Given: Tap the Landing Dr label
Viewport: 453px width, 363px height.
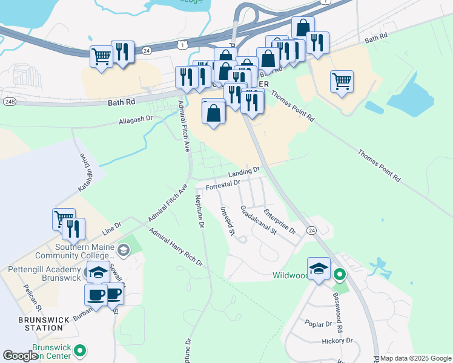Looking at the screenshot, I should coord(243,172).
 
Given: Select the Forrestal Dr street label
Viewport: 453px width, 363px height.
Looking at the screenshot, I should coord(223,184).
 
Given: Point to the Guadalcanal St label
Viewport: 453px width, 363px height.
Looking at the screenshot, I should coord(258,220).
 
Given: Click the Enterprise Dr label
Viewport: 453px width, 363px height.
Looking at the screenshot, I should coord(279,222).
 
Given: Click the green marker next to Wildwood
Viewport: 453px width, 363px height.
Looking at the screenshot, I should coord(340,276).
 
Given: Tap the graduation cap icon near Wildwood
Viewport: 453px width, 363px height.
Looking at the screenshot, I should coord(319,269).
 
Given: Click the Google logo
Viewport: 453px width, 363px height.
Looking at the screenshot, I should coord(21,356).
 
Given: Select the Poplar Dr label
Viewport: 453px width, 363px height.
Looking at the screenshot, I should coord(319,324).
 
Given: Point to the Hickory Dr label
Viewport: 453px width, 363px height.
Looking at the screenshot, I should coord(337,341).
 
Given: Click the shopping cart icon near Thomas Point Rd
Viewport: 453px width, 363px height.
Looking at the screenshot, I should coord(342,80).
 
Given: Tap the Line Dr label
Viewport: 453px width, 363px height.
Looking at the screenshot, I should coord(112,227).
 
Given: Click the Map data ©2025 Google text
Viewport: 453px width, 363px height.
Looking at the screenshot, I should coord(416,358).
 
